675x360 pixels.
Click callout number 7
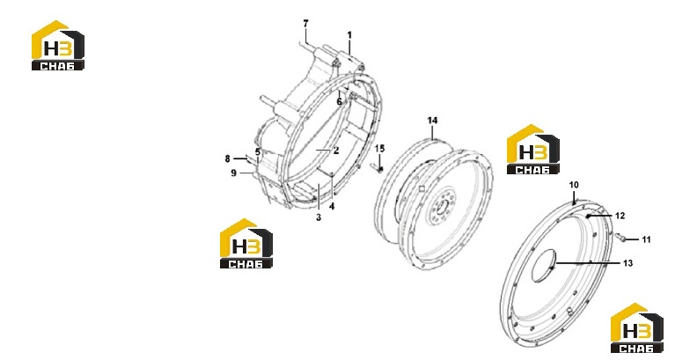[305, 24]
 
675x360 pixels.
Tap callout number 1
[349, 35]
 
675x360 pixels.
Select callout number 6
[339, 102]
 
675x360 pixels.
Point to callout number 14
[432, 121]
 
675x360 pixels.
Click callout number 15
[379, 149]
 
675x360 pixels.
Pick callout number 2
[336, 151]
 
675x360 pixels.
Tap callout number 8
[228, 159]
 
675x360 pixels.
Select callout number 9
[234, 173]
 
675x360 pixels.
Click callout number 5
[258, 152]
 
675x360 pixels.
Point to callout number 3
[319, 217]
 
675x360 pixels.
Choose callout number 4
[332, 206]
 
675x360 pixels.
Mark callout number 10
[574, 185]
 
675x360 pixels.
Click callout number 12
[620, 216]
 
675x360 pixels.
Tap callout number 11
[646, 239]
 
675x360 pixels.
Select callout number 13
[627, 263]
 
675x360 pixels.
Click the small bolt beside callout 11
[620, 237]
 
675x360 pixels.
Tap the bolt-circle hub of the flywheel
[441, 204]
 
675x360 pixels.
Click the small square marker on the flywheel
[422, 188]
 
